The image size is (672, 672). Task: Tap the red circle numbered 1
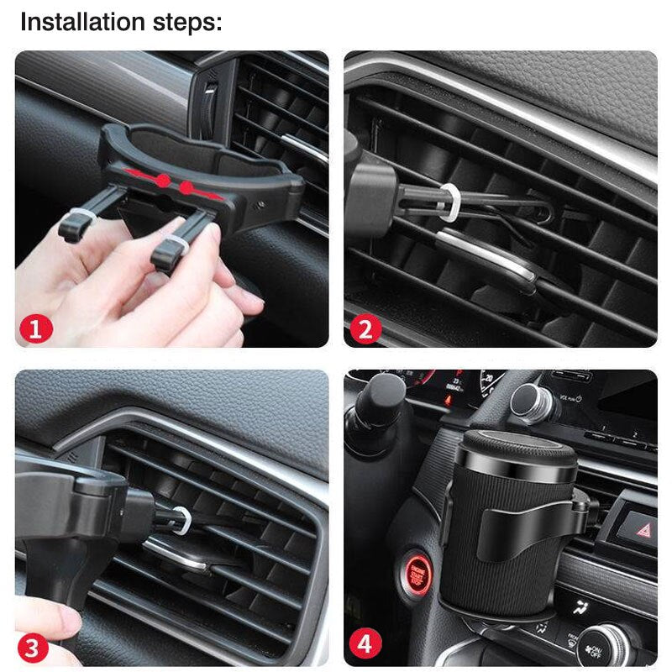click(x=35, y=328)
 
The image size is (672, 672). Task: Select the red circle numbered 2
click(x=365, y=328)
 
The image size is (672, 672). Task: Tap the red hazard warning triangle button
click(x=639, y=529)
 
